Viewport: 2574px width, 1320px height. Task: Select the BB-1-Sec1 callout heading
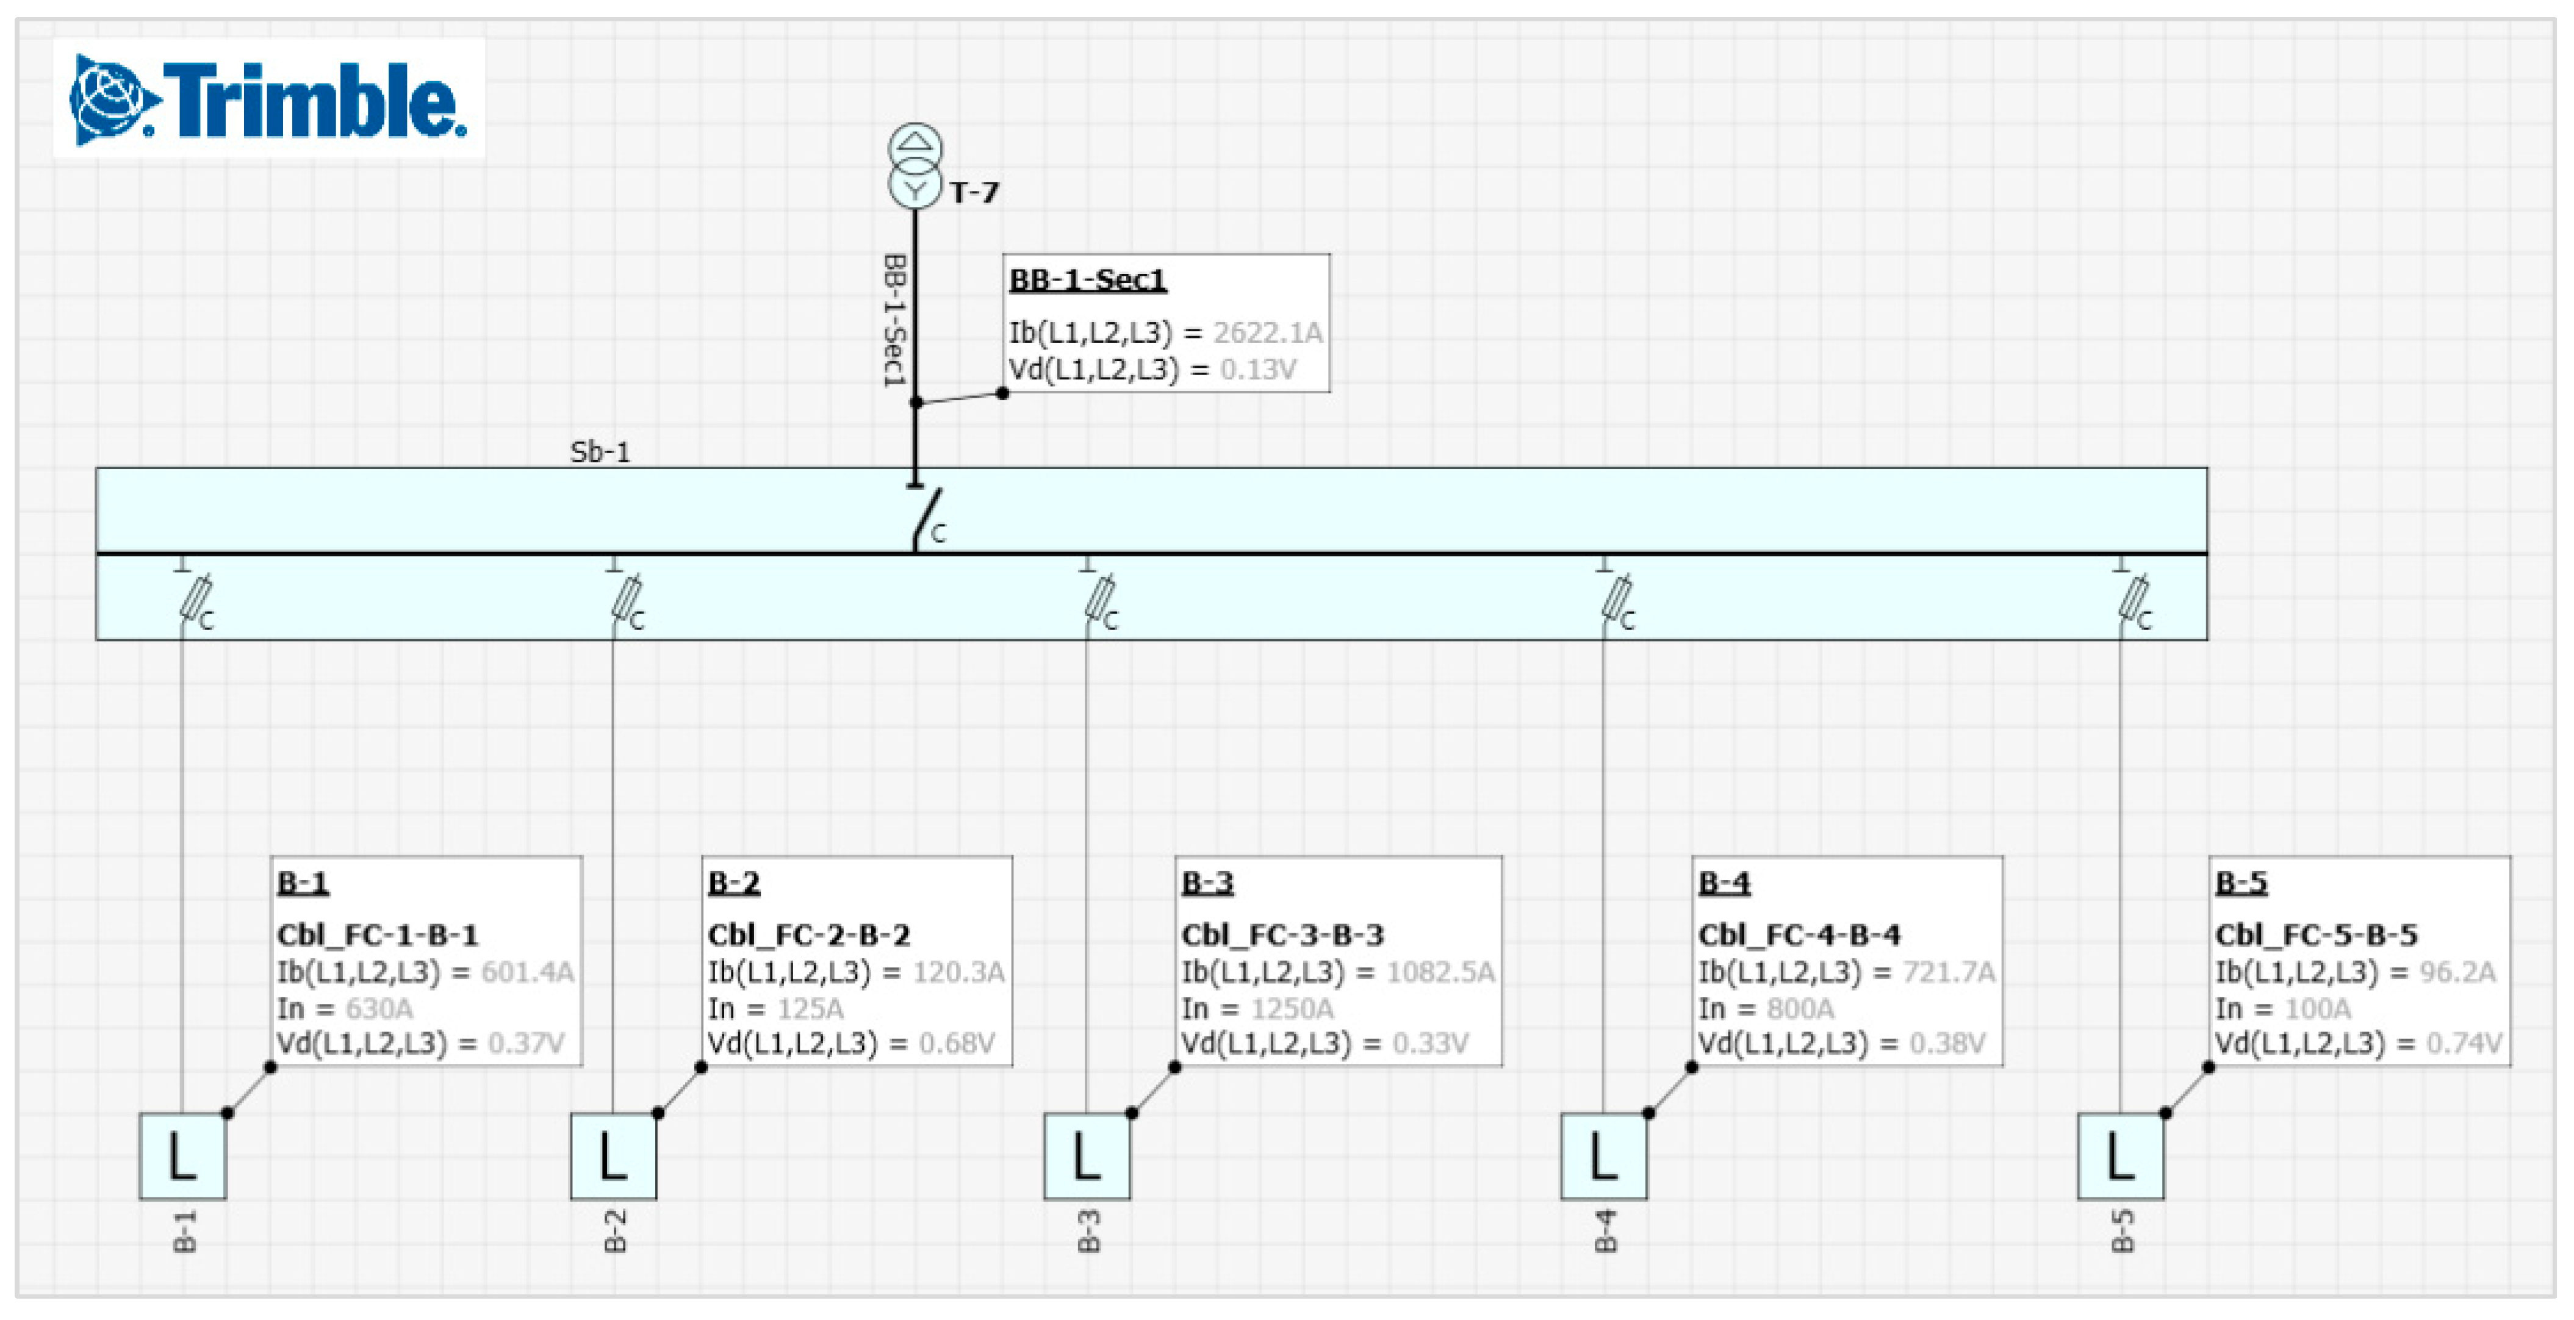[1087, 280]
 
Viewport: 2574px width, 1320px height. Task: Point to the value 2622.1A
[1267, 333]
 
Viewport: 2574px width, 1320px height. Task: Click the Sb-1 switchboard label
[600, 451]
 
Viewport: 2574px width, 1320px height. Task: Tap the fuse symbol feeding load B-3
[1099, 600]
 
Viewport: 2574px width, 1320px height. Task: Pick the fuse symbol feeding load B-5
[2134, 600]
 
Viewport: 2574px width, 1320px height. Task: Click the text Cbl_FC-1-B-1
[378, 935]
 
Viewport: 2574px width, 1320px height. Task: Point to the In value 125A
[810, 1008]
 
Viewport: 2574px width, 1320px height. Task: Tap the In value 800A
[1800, 1008]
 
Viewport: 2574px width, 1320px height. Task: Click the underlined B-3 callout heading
[1207, 883]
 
